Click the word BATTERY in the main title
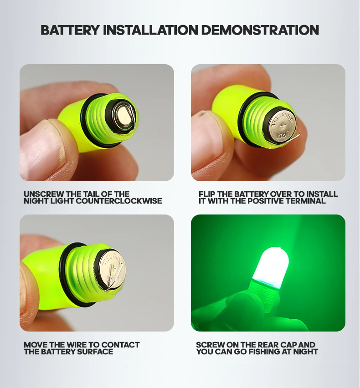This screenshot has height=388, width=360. pos(70,30)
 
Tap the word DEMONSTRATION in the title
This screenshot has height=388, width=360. pos(260,30)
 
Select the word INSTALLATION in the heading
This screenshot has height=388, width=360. pos(150,30)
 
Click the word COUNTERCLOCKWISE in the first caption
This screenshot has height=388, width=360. pos(119,201)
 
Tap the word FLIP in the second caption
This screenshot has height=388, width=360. pos(207,194)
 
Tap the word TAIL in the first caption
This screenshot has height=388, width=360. pos(96,194)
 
